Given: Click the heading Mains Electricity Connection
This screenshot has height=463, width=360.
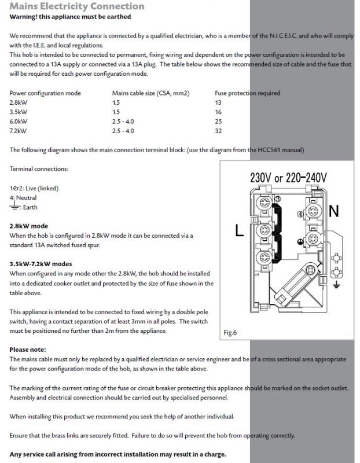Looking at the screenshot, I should (x=77, y=6).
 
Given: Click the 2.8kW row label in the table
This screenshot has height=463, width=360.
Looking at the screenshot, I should (x=17, y=102).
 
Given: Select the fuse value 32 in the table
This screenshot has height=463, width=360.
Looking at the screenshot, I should (x=218, y=131).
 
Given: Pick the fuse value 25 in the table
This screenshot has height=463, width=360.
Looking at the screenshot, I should (x=218, y=122).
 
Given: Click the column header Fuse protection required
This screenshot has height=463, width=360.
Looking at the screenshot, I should (x=247, y=93).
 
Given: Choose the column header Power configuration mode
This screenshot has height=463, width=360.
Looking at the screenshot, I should (x=45, y=93).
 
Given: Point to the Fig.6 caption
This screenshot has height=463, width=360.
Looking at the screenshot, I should (x=230, y=333).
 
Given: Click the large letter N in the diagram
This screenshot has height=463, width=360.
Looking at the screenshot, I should (x=333, y=211).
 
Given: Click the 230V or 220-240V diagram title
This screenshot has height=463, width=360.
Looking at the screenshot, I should (x=288, y=177).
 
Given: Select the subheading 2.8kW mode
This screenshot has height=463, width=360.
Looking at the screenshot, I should (x=29, y=226).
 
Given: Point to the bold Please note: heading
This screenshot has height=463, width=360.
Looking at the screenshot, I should (x=28, y=350).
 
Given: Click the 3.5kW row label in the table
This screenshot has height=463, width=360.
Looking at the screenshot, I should (x=17, y=112).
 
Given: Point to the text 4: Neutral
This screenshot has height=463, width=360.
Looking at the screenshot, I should (x=23, y=198).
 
